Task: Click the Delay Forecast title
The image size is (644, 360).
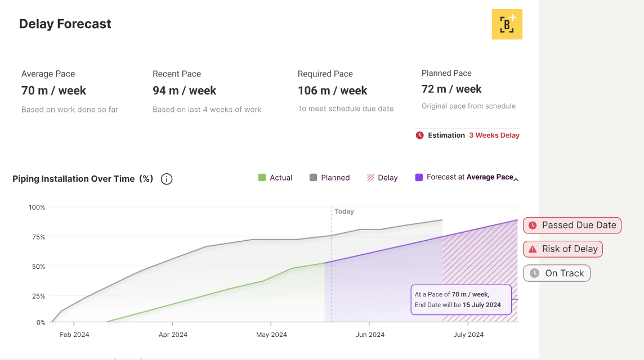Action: (x=65, y=24)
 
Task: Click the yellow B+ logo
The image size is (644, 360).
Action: (x=507, y=24)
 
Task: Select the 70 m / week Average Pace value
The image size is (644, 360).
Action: (x=53, y=91)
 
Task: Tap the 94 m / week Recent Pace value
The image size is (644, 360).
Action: (x=184, y=91)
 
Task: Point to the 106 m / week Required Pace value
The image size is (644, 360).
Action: (x=332, y=91)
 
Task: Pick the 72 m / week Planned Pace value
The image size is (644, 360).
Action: (x=451, y=89)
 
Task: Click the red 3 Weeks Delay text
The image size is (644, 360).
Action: (x=494, y=136)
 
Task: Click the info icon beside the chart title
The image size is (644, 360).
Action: (x=167, y=179)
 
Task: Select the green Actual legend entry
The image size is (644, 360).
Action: (x=275, y=178)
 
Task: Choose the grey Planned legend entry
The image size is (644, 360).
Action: (x=329, y=178)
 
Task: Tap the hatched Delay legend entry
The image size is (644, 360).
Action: (x=382, y=178)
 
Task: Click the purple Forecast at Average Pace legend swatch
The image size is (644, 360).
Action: (x=419, y=177)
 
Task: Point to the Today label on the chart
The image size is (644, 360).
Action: (x=344, y=211)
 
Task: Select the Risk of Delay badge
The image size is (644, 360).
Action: (x=563, y=249)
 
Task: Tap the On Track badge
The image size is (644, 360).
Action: (x=557, y=273)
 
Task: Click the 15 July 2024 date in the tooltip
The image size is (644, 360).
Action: (x=481, y=305)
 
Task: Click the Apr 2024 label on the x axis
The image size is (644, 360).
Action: (x=173, y=335)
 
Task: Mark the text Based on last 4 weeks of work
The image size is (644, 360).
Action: (x=207, y=110)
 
